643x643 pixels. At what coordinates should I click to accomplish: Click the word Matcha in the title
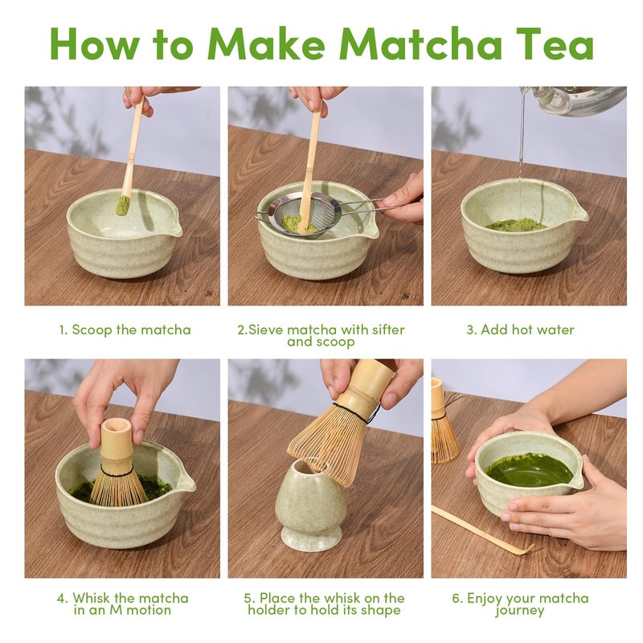pos(421,44)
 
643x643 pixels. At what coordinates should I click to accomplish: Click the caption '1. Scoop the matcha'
pos(125,330)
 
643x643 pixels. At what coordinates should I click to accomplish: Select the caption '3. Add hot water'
pos(520,330)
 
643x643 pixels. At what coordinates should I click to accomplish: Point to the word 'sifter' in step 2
pos(388,330)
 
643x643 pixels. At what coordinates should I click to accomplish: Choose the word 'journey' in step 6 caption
pos(519,611)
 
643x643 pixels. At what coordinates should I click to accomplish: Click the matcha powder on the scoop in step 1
pos(122,205)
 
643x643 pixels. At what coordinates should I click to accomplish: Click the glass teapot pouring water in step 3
pos(574,100)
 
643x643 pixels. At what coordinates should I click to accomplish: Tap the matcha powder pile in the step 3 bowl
pos(515,224)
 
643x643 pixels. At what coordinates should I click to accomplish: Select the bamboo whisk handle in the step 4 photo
pos(117,440)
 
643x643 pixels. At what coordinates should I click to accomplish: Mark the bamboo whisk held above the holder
pos(345,423)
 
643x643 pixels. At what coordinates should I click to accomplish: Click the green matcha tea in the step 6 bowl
pos(529,470)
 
